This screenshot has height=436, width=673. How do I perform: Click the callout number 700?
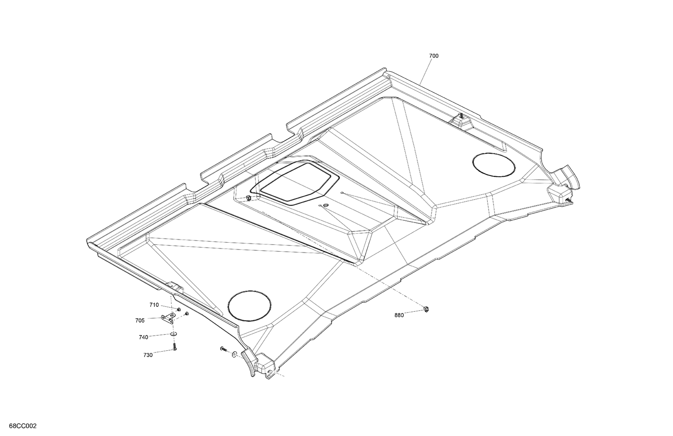(x=434, y=56)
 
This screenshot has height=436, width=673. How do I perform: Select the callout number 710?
(x=154, y=305)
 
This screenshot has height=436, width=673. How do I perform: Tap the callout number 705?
(x=140, y=320)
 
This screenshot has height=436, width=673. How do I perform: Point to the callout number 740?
(x=144, y=337)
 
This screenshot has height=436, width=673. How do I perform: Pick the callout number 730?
(x=148, y=355)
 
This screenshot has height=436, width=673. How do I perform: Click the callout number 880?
(x=399, y=315)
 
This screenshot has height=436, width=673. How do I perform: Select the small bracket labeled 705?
(x=170, y=319)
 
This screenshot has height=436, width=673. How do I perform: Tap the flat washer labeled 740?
(x=173, y=334)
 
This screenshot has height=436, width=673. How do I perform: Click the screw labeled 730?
(x=174, y=347)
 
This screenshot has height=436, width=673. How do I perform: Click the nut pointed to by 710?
(x=179, y=310)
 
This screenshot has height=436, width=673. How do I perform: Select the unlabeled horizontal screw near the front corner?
(x=223, y=349)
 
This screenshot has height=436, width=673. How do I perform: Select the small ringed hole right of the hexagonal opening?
(x=325, y=205)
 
